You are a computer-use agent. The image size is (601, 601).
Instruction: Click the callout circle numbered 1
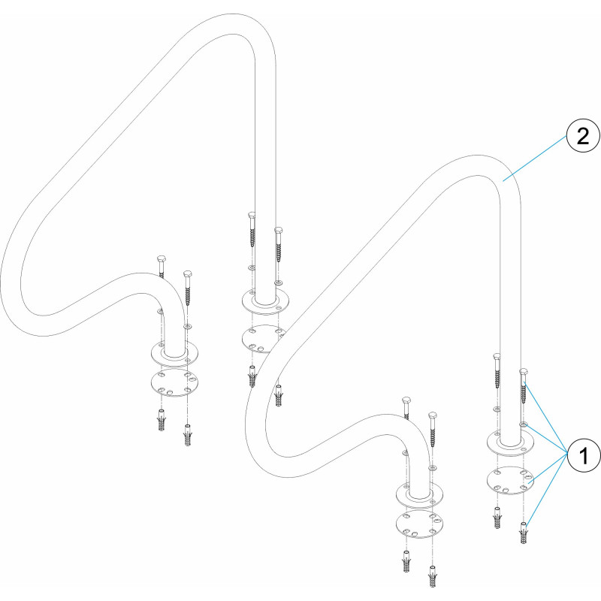[584, 456]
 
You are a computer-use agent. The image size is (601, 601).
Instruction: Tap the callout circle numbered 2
[583, 136]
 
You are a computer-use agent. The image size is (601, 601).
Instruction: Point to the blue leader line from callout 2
[535, 159]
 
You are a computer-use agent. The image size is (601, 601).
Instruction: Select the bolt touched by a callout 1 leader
[524, 386]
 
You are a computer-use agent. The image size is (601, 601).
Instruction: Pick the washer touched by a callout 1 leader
[524, 424]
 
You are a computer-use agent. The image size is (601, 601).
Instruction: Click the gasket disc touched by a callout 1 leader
[511, 480]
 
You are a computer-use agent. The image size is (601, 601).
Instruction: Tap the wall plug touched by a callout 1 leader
[524, 532]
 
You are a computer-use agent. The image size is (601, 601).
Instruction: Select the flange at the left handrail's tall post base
[266, 302]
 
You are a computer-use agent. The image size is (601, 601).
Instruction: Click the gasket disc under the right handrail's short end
[419, 524]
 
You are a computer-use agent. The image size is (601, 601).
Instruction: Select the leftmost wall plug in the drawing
[162, 420]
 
